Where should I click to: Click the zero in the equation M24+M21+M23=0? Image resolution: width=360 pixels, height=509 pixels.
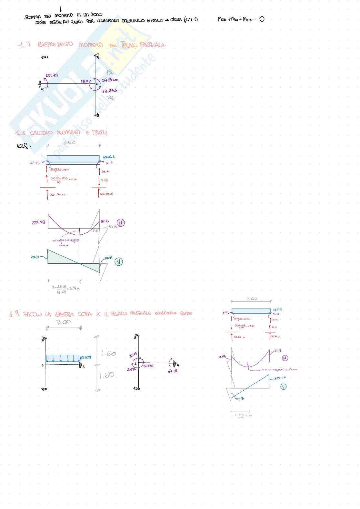[262, 19]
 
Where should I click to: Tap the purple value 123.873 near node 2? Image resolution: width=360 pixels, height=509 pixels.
[109, 91]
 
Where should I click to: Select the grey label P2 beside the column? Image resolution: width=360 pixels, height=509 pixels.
[110, 72]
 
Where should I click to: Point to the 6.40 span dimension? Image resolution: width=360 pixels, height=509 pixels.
[69, 142]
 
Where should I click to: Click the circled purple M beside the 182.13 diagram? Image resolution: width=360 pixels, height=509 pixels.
[121, 223]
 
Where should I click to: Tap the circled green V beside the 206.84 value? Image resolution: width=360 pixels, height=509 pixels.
[119, 262]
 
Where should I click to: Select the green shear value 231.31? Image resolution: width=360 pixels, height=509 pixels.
[35, 257]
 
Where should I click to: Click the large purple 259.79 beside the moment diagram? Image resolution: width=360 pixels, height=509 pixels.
[38, 222]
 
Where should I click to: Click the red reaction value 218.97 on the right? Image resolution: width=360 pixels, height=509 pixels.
[105, 172]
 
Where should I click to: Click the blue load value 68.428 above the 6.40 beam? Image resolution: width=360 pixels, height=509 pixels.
[109, 157]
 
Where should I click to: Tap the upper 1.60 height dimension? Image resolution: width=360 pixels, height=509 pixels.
[109, 354]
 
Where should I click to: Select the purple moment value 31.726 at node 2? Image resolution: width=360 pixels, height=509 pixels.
[148, 366]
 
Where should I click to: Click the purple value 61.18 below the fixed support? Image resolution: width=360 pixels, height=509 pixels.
[173, 371]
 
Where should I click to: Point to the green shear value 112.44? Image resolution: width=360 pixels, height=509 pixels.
[280, 378]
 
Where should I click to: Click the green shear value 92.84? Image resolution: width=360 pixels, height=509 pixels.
[240, 399]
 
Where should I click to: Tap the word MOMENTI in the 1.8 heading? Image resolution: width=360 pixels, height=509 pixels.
[68, 132]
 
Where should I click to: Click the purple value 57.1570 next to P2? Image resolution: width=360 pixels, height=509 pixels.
[110, 80]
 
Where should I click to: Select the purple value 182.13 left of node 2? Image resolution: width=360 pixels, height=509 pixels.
[85, 81]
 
